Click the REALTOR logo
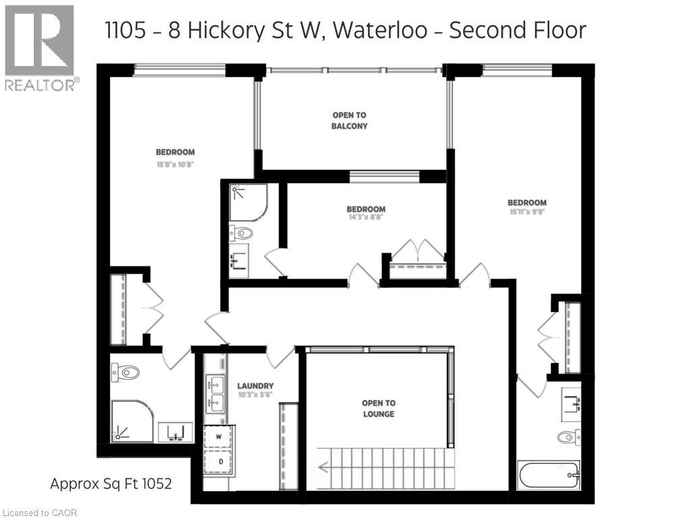pyautogui.click(x=39, y=47)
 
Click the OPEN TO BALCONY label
pyautogui.click(x=350, y=121)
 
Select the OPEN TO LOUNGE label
pyautogui.click(x=378, y=409)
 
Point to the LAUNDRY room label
pyautogui.click(x=255, y=386)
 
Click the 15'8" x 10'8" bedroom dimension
pyautogui.click(x=175, y=163)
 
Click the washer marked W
pyautogui.click(x=218, y=436)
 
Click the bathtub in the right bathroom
pyautogui.click(x=549, y=476)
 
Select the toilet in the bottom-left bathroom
pyautogui.click(x=126, y=372)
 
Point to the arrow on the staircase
pyautogui.click(x=325, y=465)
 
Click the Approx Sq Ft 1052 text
pyautogui.click(x=111, y=484)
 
